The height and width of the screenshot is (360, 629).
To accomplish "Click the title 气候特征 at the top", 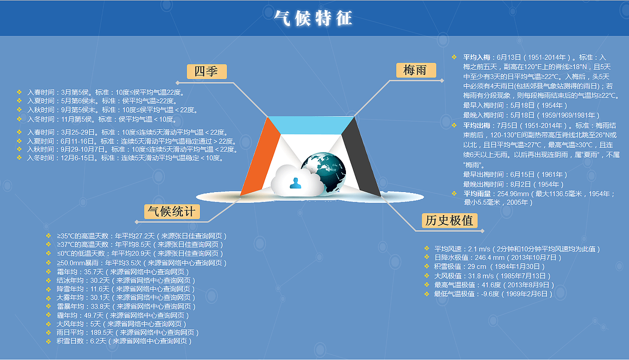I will [x=313, y=18].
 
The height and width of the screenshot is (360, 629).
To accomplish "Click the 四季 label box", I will [x=206, y=72].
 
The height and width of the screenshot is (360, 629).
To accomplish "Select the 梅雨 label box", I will [x=416, y=70].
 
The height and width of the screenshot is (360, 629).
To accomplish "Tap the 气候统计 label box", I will [x=172, y=212].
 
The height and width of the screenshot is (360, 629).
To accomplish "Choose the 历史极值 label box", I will [x=449, y=221].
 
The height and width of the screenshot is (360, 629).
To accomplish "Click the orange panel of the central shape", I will [x=261, y=157].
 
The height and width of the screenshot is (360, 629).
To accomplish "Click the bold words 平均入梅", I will [x=476, y=57].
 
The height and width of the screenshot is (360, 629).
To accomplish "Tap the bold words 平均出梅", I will [x=476, y=125].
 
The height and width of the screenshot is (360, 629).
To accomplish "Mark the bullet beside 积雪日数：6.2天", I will [x=48, y=341].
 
